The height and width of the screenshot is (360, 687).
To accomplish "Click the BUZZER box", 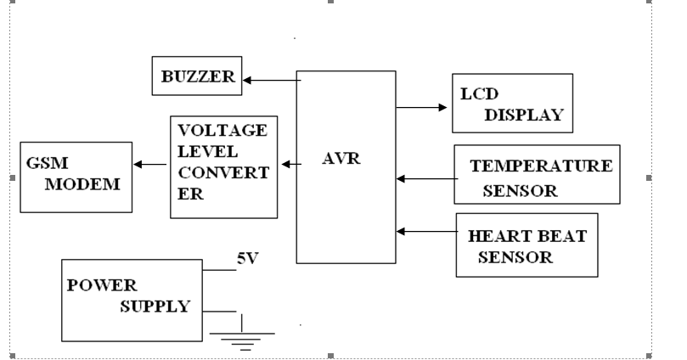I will pos(196,76).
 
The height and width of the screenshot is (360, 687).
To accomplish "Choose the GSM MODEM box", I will pos(76,177).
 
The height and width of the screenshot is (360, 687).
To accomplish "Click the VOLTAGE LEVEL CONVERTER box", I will pos(223,166).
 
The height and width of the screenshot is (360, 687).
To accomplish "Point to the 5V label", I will pos(247,259).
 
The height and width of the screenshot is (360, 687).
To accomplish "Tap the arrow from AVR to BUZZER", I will pos(269,81).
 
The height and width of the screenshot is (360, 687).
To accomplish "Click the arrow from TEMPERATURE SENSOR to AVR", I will pos(425,179).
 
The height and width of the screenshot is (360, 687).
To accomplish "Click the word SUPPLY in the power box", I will pos(154,306).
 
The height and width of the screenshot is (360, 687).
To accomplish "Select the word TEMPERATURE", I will pos(541,165).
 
